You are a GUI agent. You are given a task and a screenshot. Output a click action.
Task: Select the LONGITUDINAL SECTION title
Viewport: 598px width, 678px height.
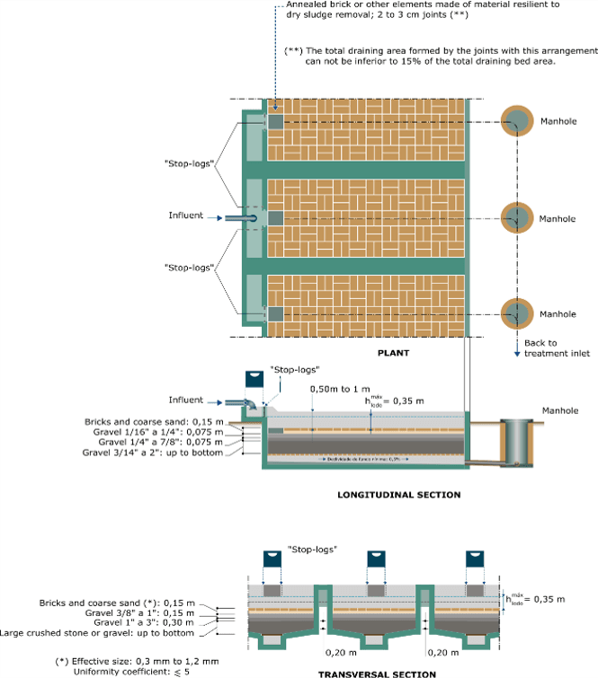click(398, 495)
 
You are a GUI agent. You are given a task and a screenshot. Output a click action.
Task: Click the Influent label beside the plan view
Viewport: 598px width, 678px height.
click(186, 216)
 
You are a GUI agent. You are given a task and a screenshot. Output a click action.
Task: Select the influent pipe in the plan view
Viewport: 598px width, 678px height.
click(240, 218)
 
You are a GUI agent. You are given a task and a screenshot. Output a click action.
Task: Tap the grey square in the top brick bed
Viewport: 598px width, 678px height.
click(276, 121)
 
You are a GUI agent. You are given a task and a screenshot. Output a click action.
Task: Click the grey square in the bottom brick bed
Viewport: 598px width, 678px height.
click(276, 313)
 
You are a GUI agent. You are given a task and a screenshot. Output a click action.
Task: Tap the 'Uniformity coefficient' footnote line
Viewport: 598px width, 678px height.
click(131, 671)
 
